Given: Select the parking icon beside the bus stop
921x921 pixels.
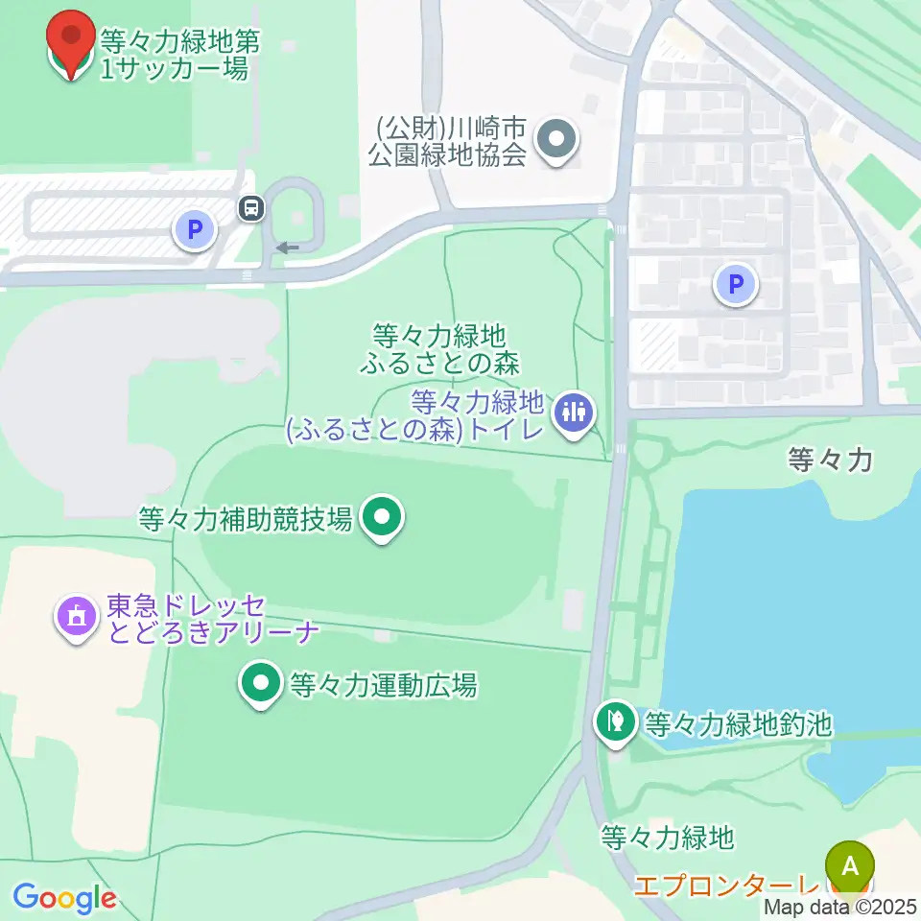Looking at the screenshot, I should point(195,230).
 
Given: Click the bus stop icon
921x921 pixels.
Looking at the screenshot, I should point(251,207).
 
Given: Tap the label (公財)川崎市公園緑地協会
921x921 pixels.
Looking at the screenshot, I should point(451,141).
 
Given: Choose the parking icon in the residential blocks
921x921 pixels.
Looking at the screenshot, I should point(736,284).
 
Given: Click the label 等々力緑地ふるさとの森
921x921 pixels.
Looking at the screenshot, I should point(439,349).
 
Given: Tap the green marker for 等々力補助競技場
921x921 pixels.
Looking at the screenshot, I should point(383,518).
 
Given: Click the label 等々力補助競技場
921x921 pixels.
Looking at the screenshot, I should point(245,519).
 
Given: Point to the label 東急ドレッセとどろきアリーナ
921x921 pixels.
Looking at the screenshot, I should point(185,619).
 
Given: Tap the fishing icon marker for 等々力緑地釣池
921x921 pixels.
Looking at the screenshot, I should point(615,721).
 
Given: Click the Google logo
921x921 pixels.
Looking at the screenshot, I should point(63,898).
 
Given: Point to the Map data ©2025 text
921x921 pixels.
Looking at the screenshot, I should point(840,907).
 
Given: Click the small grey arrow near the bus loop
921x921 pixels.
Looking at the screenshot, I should point(287,248).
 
